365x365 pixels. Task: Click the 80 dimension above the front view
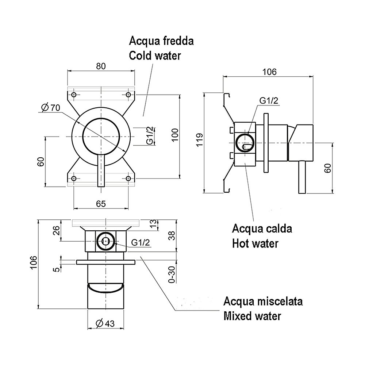click(101, 66)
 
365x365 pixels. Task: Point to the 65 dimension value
click(101, 203)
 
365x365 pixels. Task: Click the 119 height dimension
click(199, 140)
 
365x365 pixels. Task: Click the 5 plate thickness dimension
click(55, 270)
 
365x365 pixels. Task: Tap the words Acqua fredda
click(161, 41)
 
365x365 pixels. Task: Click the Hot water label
click(255, 243)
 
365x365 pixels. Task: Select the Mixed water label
click(252, 316)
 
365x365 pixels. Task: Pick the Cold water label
click(155, 56)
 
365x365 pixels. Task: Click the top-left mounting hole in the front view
click(74, 95)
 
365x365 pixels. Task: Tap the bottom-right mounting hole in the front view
click(128, 178)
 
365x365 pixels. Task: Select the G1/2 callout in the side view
click(269, 101)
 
